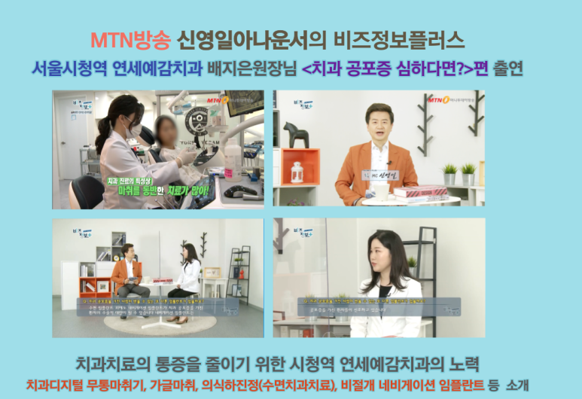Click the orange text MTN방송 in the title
click(130, 38)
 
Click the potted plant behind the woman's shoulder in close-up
click(412, 263)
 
